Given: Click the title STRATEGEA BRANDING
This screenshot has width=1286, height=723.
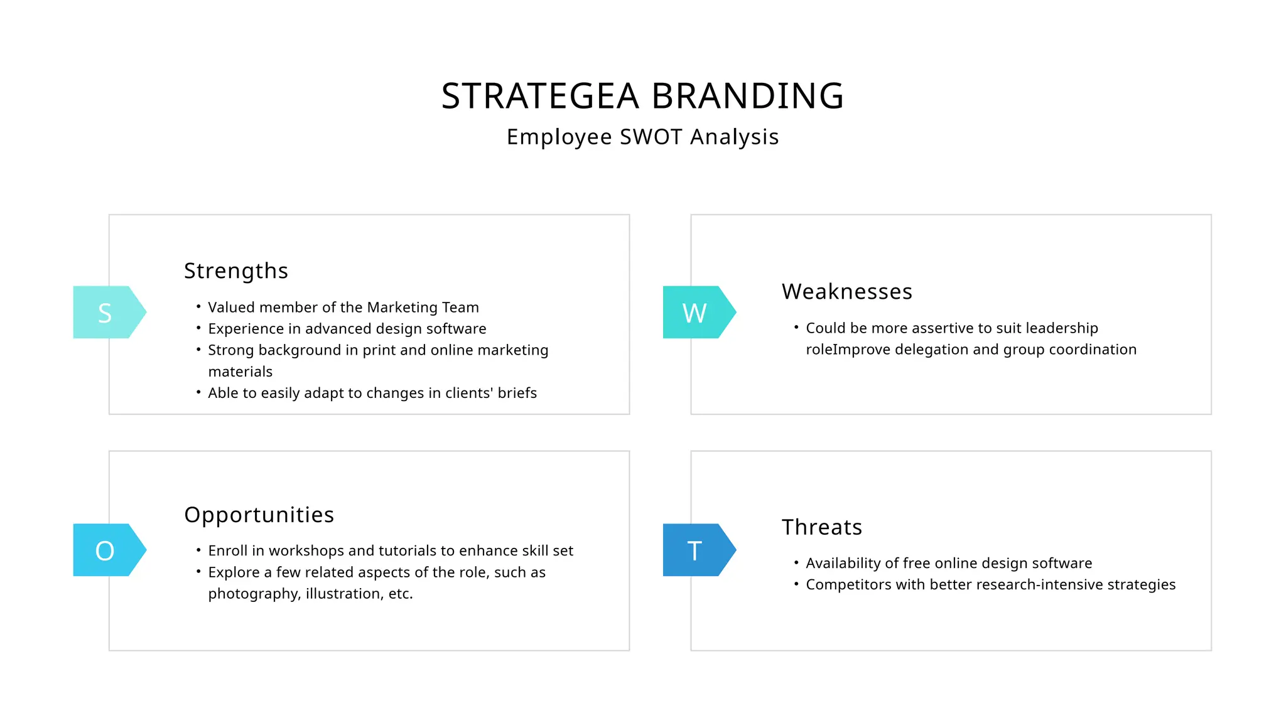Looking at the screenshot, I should [x=642, y=96].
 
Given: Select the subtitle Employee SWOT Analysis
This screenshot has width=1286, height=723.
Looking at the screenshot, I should [x=642, y=137].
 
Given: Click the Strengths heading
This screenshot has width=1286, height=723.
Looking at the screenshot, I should [x=236, y=271].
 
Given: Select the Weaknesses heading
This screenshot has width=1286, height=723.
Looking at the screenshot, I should [x=846, y=292].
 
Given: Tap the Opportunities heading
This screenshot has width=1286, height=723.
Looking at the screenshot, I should [x=259, y=515].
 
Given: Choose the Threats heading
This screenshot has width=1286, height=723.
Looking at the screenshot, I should [x=821, y=527].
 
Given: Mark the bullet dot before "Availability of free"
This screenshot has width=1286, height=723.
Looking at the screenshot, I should [x=796, y=563].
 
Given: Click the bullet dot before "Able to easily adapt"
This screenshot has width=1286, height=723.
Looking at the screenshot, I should [x=198, y=393].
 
